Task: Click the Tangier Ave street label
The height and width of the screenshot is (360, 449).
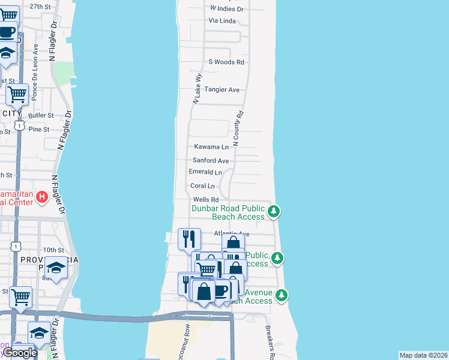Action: point(222,90)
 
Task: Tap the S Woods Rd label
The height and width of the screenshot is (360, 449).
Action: point(226,62)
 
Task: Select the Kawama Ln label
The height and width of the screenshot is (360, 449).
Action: point(211,147)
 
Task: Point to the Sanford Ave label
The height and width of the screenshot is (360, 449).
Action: point(211,161)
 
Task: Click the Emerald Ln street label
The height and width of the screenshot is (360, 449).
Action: point(205,172)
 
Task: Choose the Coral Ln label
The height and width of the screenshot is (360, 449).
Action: point(202,186)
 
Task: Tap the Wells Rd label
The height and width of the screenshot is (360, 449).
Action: point(206,200)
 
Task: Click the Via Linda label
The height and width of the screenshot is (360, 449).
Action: point(222,21)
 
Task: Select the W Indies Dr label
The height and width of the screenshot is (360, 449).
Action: point(227,9)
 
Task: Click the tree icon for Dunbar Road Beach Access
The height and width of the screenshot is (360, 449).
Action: point(274,211)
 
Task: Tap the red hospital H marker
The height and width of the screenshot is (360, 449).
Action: point(42,197)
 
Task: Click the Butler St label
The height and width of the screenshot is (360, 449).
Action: point(41,115)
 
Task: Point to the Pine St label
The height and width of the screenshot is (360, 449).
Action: point(38,129)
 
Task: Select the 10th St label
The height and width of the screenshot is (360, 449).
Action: point(53,250)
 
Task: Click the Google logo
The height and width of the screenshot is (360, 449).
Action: point(20,353)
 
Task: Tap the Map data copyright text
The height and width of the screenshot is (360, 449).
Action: point(423,355)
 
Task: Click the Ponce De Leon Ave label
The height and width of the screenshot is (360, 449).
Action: point(35,63)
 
